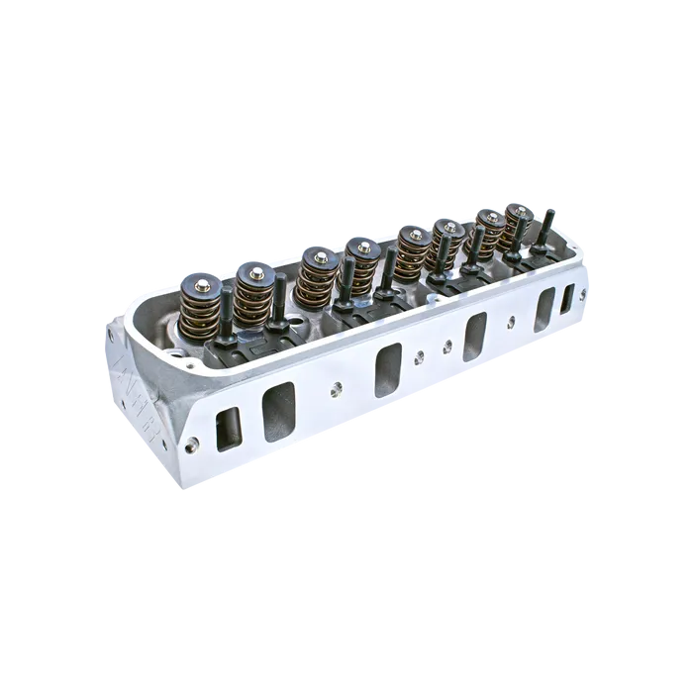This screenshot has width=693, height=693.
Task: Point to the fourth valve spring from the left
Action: pos(362,259)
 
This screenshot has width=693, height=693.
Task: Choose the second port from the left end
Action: pos(278,410)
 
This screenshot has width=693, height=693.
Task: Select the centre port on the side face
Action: pos(387,368)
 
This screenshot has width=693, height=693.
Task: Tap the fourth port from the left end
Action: pos(475,335)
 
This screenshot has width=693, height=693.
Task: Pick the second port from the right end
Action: pos(543,310)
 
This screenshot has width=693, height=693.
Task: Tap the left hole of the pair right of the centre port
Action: pos(422,355)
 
